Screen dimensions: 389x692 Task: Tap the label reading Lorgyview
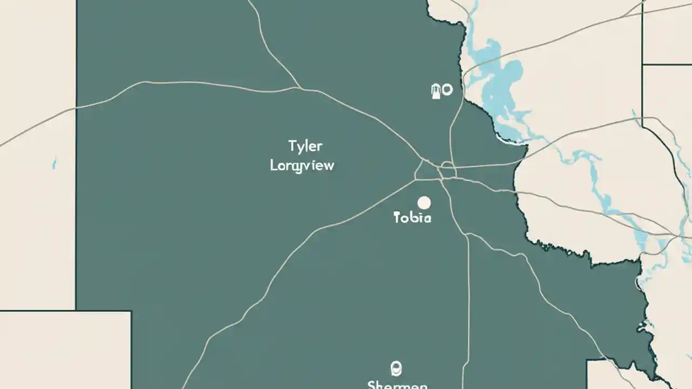point(302,165)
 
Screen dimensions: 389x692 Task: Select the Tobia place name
point(412,218)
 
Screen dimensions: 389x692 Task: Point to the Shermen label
point(397,385)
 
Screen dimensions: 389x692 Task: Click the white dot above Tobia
point(424,203)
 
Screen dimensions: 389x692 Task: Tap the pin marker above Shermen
point(395,368)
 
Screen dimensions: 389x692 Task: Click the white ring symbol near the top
point(447,90)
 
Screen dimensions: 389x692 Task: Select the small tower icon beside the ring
point(435,91)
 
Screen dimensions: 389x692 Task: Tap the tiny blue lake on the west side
point(54,163)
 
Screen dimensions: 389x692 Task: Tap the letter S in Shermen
point(372,385)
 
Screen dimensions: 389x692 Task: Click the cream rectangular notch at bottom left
point(65,350)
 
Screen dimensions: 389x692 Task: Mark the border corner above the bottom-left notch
point(76,310)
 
